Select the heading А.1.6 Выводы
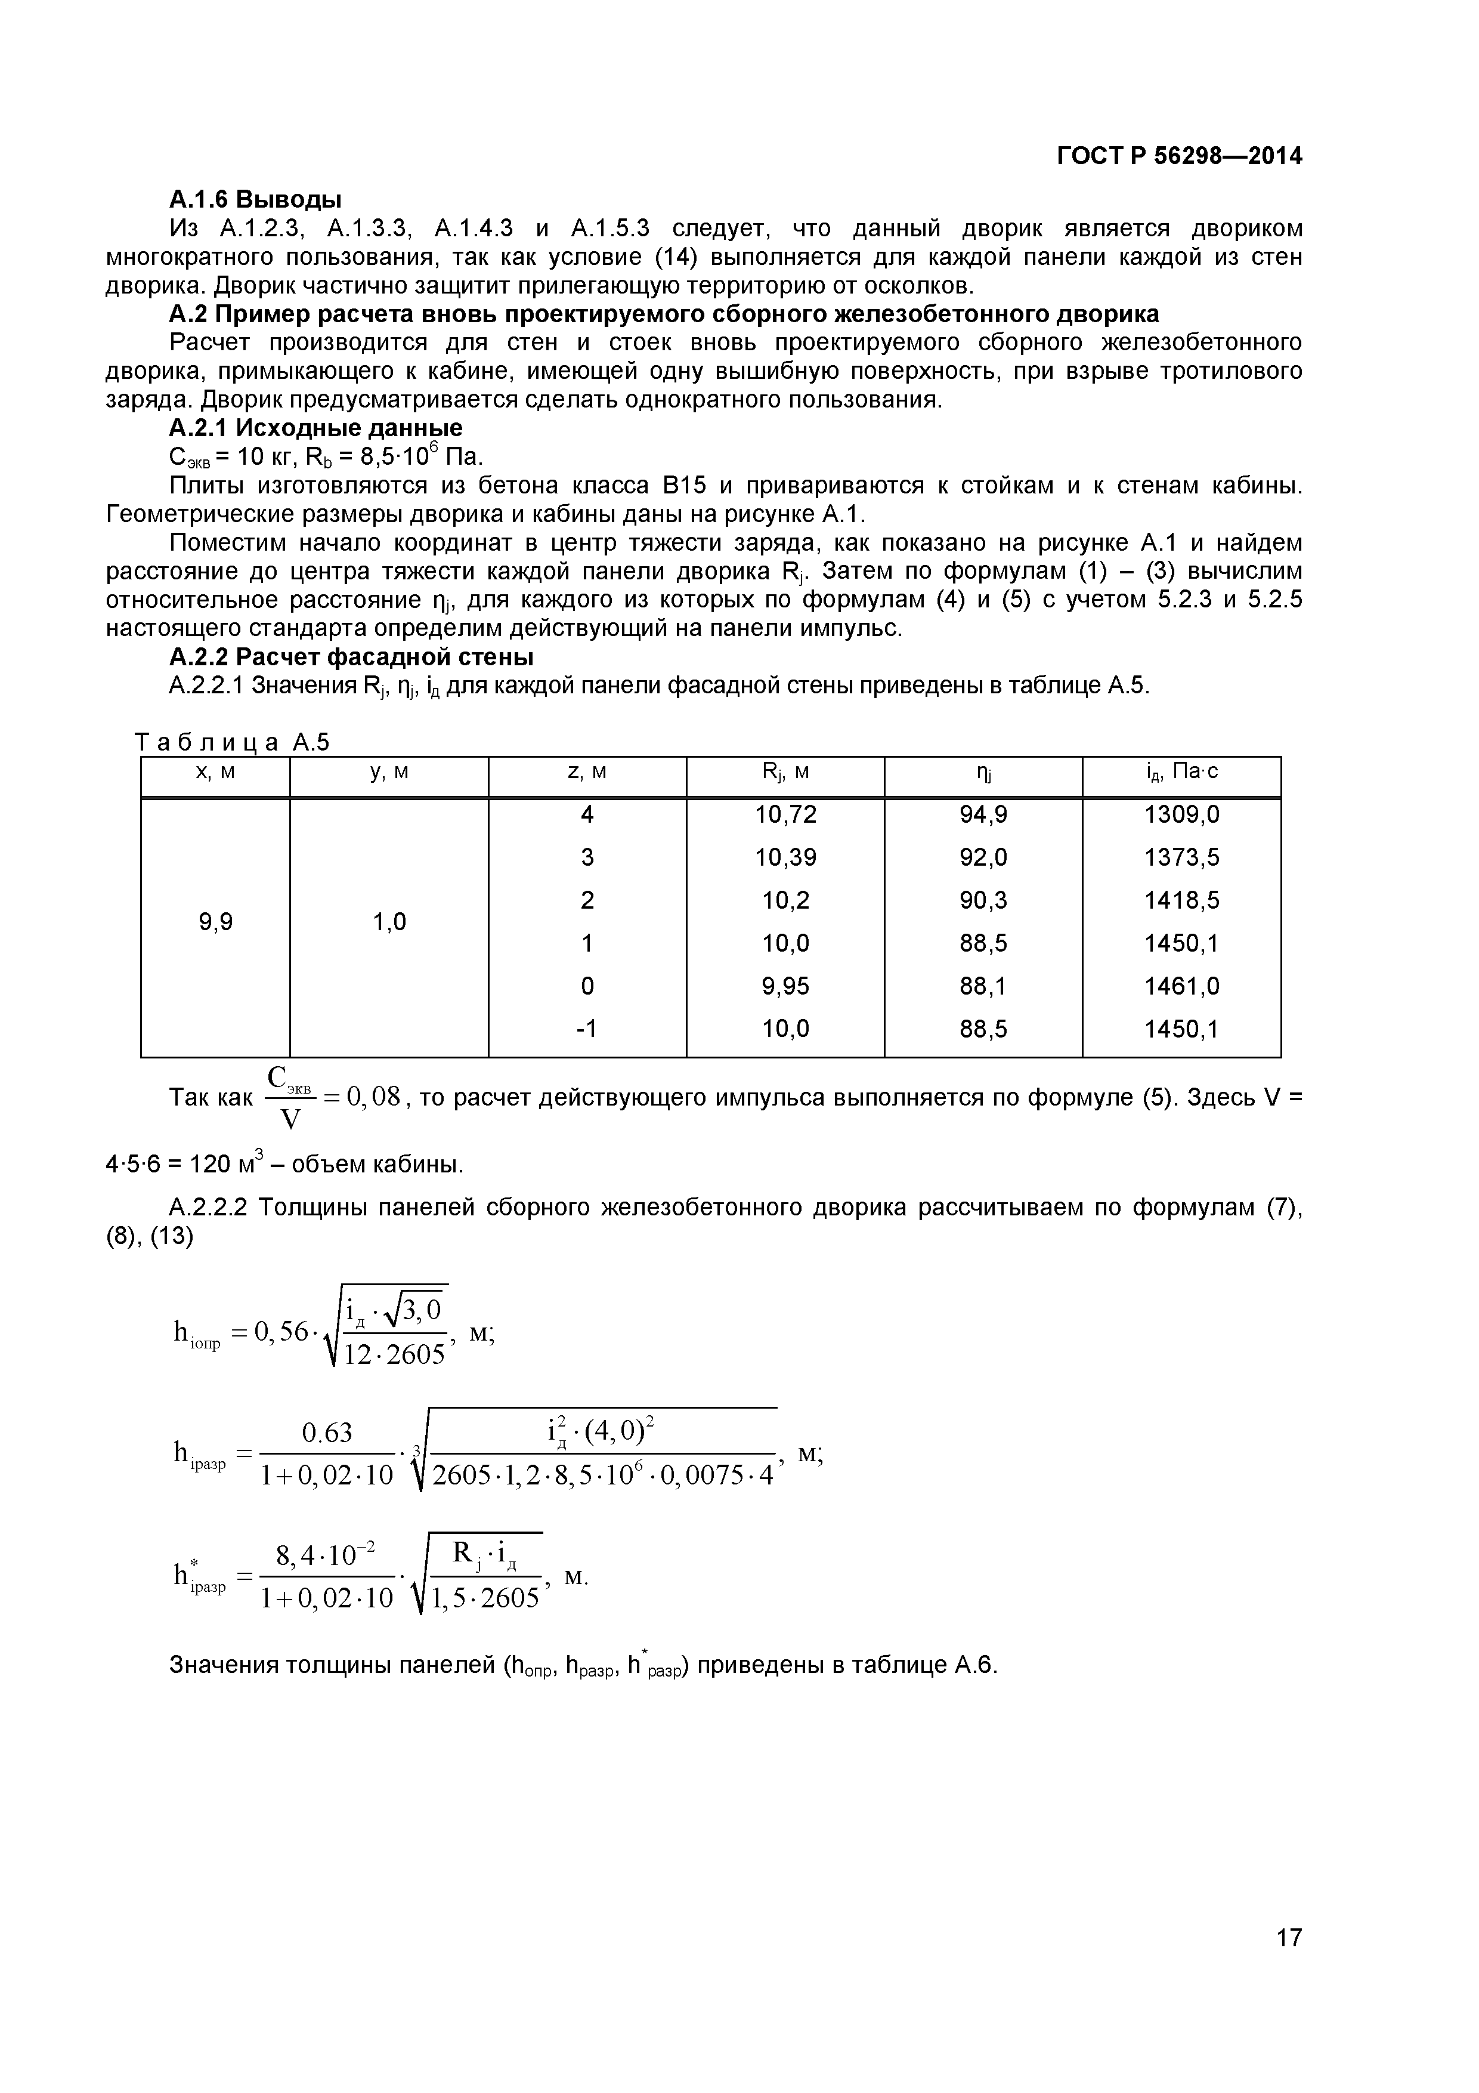point(255,199)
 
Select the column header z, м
point(587,772)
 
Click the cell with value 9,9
point(216,922)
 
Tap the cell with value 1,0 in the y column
point(389,922)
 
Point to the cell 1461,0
point(1182,986)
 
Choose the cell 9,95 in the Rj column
point(785,986)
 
